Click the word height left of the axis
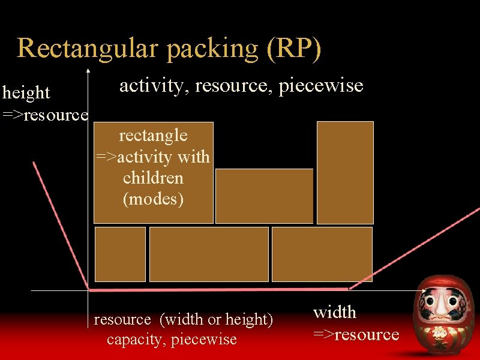click(x=26, y=93)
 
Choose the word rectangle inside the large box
click(x=153, y=136)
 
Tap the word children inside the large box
click(x=153, y=178)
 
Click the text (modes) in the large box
click(x=153, y=199)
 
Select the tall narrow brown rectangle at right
click(x=345, y=172)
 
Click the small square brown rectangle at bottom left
click(x=120, y=254)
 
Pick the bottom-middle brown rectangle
click(x=209, y=254)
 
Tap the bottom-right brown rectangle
click(x=322, y=254)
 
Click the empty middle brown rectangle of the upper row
click(x=264, y=196)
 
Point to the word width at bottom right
click(x=335, y=312)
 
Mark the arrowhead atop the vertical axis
click(x=88, y=71)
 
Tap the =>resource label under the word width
click(x=356, y=334)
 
